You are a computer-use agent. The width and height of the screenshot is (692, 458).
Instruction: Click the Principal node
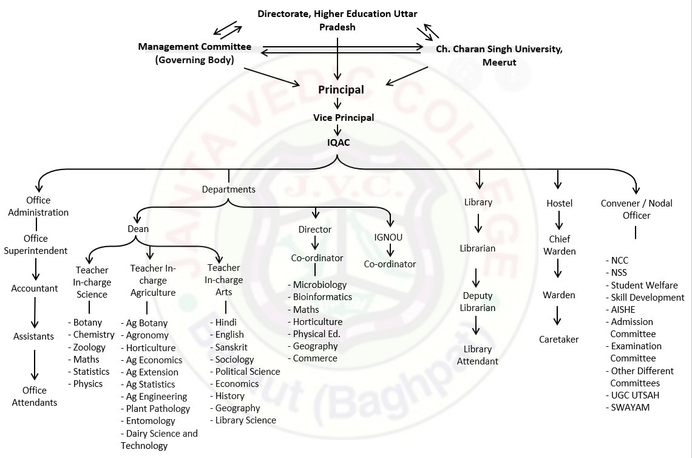[x=341, y=90]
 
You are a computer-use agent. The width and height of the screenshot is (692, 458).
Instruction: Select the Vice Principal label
[x=344, y=117]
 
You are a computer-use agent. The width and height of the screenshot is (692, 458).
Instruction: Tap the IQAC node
[x=338, y=143]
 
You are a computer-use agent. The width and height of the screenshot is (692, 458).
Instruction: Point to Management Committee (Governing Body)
[x=194, y=53]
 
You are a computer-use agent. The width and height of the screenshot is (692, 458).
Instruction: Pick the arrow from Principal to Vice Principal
[x=338, y=103]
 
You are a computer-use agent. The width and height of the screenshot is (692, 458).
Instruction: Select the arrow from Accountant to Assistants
[x=34, y=313]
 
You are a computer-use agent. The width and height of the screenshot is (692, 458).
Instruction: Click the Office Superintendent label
[x=36, y=245]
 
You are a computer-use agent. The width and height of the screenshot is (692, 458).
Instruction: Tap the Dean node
[x=138, y=229]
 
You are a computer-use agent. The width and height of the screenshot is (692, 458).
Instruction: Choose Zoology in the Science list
[x=89, y=347]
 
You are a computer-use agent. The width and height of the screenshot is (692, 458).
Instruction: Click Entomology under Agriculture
[x=150, y=421]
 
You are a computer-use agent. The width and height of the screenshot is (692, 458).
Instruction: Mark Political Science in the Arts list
[x=247, y=371]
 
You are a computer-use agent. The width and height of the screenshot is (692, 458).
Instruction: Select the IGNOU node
[x=388, y=238]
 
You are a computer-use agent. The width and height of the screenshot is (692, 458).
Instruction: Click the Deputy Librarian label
[x=478, y=302]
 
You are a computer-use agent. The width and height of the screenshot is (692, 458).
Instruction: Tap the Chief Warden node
[x=559, y=245]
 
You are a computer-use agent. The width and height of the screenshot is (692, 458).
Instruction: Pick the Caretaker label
[x=558, y=340]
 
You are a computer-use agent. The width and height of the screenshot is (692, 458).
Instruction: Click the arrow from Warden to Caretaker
[x=557, y=316]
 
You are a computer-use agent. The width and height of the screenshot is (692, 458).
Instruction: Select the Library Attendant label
[x=477, y=355]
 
